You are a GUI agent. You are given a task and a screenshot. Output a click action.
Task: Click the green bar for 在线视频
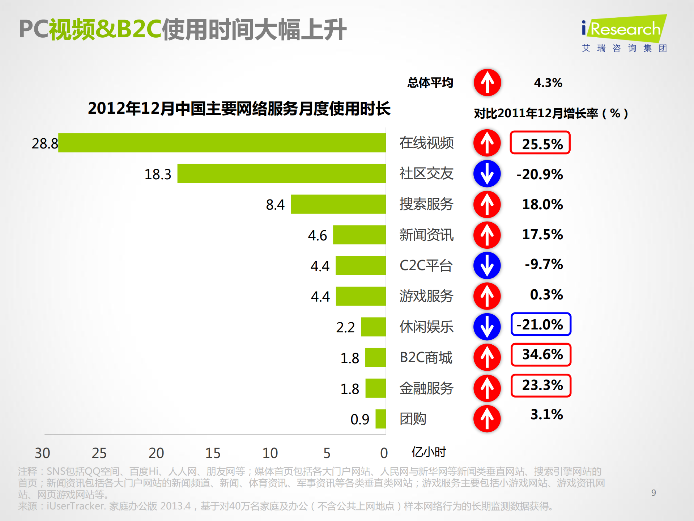click(x=222, y=143)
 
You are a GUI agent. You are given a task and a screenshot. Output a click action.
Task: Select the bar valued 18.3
click(x=281, y=173)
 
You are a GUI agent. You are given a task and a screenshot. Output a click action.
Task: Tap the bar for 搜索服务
click(x=338, y=204)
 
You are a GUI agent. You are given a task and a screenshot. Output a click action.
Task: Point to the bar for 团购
click(x=381, y=419)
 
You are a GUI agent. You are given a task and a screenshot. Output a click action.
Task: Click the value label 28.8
click(x=44, y=144)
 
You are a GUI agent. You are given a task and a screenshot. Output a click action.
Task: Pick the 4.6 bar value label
click(x=317, y=236)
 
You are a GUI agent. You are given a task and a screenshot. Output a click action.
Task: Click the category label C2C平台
click(x=426, y=265)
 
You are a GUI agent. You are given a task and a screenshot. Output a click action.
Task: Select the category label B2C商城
click(x=426, y=357)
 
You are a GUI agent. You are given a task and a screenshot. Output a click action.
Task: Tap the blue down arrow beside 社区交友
click(x=487, y=174)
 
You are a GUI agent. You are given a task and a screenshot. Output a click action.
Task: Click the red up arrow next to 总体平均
click(x=487, y=83)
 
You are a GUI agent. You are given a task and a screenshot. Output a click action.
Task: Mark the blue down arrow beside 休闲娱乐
click(x=487, y=327)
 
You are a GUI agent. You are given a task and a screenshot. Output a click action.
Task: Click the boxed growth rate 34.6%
click(x=541, y=354)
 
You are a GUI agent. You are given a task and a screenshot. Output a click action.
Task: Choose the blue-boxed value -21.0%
click(x=541, y=324)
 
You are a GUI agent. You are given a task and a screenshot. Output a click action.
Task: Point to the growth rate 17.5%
click(x=542, y=234)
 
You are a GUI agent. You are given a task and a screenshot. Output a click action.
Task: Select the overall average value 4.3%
click(x=548, y=83)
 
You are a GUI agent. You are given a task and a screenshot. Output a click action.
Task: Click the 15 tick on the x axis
click(x=213, y=453)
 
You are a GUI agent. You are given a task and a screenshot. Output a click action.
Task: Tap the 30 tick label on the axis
click(x=42, y=453)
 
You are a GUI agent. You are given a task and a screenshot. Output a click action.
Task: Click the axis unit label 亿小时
click(x=429, y=452)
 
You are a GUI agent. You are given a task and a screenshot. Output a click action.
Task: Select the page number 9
click(x=653, y=493)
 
